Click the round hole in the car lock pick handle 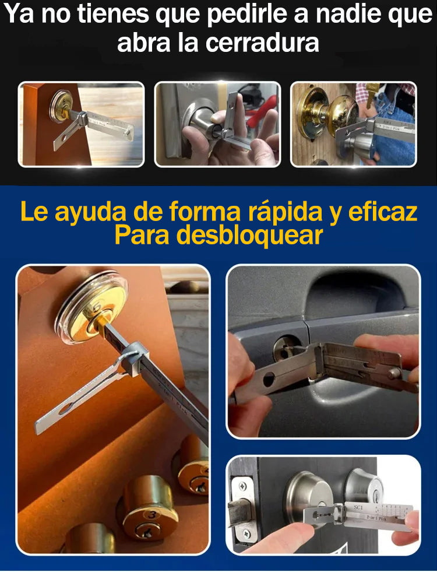pos(269,380)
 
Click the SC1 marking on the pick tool pos(358,508)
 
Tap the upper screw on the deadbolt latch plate pos(239,483)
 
